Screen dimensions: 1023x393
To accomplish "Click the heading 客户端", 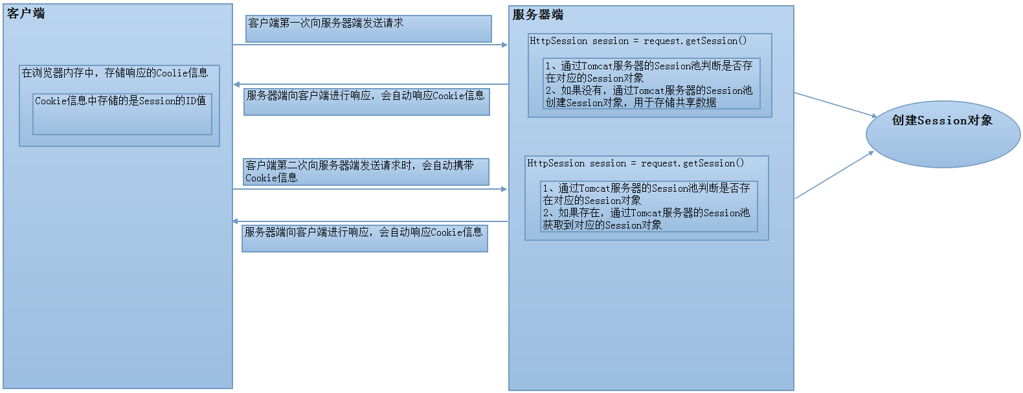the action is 26,13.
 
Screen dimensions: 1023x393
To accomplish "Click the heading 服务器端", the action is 537,14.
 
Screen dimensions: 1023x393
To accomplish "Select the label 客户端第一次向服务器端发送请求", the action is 326,23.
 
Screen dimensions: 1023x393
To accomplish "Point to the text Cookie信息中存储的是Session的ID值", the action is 120,101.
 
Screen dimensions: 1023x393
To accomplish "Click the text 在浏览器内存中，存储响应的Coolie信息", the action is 115,73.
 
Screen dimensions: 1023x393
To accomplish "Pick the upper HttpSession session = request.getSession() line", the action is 638,41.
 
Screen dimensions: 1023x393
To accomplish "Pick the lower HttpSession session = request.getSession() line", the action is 635,163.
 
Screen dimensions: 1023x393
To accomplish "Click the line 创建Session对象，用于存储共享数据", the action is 631,102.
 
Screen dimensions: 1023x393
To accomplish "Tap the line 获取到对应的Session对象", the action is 602,225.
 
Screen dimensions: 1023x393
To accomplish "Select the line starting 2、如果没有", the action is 649,91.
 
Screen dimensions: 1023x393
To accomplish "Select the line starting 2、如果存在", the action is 646,212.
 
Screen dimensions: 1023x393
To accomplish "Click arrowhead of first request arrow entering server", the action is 504,45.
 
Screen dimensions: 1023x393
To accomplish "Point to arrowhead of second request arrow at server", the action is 504,189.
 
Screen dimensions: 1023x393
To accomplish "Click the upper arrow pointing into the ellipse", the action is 835,104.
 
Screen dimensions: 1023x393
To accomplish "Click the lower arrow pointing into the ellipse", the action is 835,175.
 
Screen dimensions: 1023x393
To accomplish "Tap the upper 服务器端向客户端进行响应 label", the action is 365,96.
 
